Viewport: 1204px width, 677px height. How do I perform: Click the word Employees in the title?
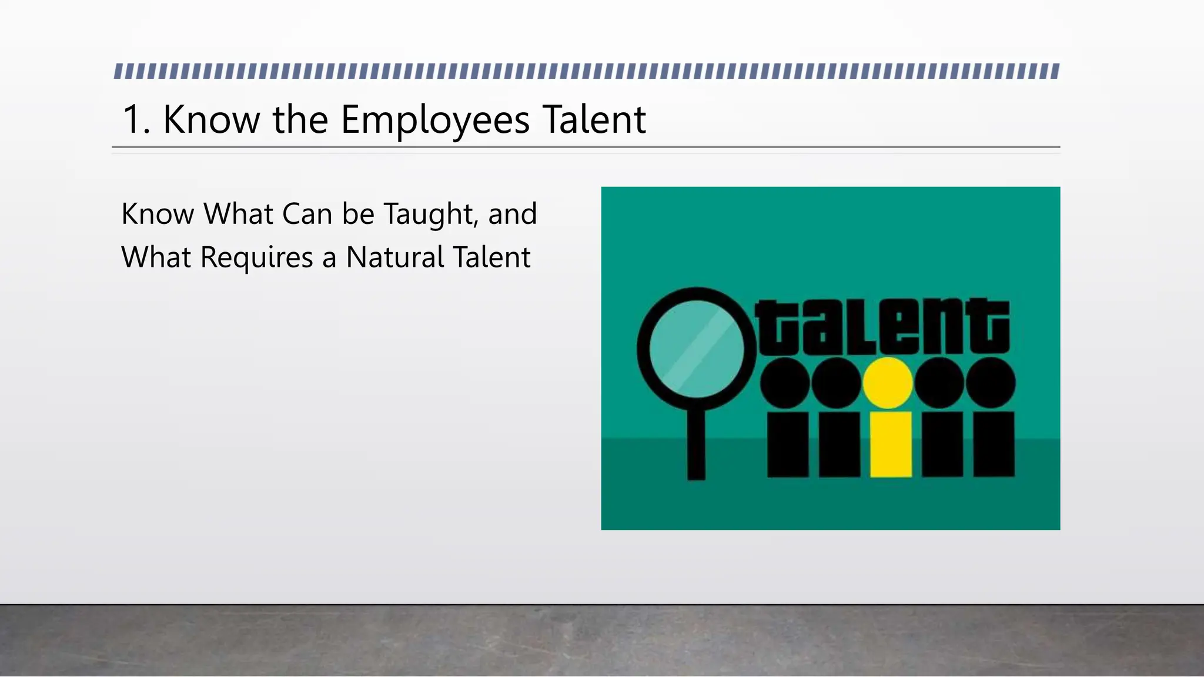pos(435,120)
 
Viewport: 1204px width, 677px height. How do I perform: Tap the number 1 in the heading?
pos(132,120)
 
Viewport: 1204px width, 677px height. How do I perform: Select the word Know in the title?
pos(212,120)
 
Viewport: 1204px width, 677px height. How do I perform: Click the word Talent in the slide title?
pos(594,120)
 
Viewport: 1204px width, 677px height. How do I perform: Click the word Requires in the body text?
pos(256,258)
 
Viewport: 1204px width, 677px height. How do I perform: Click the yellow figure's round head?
pos(888,383)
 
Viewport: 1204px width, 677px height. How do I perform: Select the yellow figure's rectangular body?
pos(891,444)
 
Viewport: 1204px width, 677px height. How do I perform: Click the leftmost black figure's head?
pos(785,383)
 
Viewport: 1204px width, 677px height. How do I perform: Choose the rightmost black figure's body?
pos(994,444)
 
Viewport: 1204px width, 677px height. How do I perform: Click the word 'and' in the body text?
pos(512,214)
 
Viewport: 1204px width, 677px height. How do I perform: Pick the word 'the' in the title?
pos(300,120)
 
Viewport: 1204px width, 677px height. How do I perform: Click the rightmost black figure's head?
pos(991,383)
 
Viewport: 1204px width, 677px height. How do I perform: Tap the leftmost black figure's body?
pos(788,444)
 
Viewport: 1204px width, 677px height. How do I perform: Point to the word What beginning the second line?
pos(156,258)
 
